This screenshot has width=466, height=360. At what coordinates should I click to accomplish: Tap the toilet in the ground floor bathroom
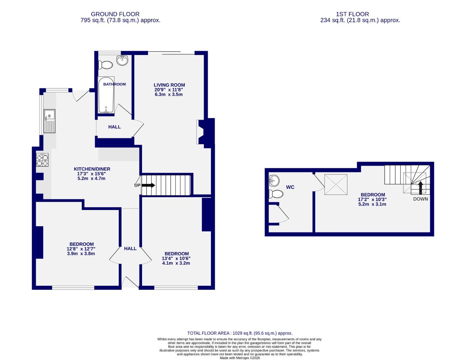(106, 65)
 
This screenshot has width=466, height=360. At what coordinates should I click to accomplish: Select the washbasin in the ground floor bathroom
(123, 60)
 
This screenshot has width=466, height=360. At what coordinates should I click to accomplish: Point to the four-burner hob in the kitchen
(42, 160)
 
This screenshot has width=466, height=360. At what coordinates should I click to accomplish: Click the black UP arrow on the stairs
(148, 185)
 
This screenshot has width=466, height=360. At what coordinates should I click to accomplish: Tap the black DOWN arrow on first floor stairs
(420, 188)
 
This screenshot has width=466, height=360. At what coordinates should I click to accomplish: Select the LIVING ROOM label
(169, 85)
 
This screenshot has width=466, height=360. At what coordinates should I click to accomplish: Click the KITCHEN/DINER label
(92, 169)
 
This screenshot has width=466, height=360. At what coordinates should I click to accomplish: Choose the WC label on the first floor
(290, 187)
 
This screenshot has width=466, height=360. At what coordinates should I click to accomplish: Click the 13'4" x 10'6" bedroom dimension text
(176, 258)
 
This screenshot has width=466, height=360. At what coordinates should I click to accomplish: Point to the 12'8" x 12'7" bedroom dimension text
(81, 249)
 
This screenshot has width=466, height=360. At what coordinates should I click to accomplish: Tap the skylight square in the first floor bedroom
(336, 184)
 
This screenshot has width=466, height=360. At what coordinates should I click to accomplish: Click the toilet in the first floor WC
(276, 194)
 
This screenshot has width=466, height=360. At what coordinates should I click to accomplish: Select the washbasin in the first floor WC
(274, 181)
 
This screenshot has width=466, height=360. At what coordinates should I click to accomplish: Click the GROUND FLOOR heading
(115, 14)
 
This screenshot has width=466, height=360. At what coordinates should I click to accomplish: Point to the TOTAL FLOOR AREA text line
(240, 333)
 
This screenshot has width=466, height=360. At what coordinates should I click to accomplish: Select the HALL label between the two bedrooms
(130, 248)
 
